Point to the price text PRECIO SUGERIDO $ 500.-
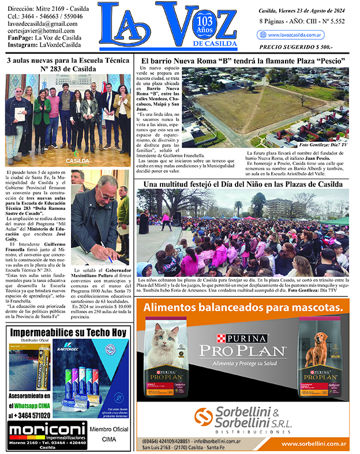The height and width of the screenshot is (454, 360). click(296, 47)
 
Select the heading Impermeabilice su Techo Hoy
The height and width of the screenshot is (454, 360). click(67, 333)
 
